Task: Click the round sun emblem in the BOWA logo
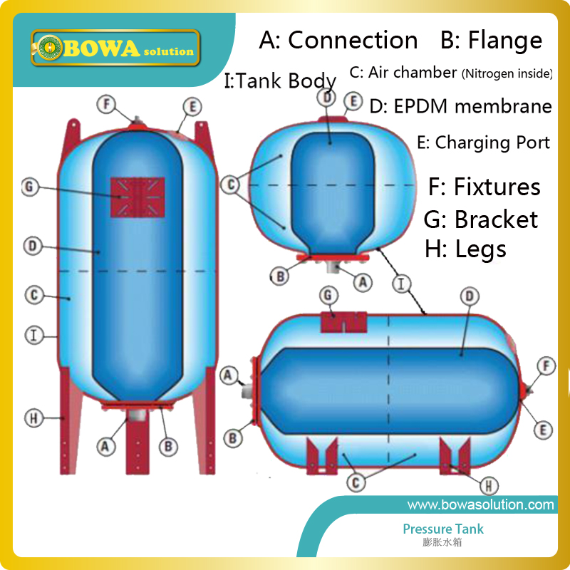51,49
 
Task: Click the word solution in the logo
167,51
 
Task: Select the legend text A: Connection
338,41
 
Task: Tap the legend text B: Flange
491,41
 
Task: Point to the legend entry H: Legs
465,249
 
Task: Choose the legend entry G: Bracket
480,219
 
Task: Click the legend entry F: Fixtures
484,187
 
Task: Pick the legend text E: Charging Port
483,142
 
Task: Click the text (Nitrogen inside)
507,73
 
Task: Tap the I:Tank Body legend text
279,81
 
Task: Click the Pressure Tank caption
443,529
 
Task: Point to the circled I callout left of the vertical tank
32,333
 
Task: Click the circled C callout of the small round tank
230,185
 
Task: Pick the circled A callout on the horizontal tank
229,374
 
